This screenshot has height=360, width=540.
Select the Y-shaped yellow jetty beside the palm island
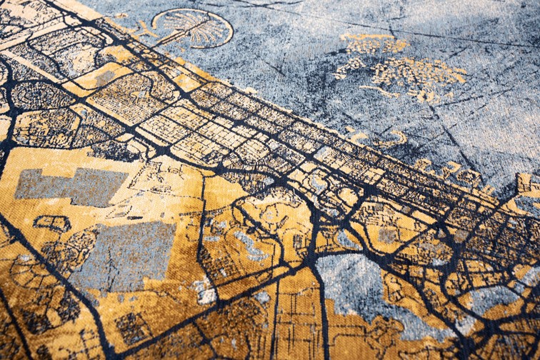coord(146,29)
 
